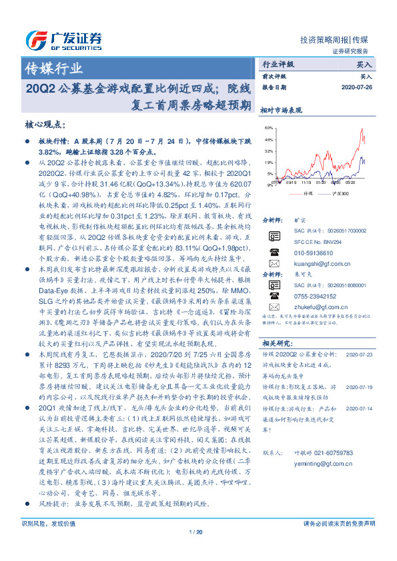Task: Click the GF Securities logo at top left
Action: pos(63,39)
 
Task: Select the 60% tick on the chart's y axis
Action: pos(269,128)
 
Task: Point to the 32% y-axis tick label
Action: pos(269,151)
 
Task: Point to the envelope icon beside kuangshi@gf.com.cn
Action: pos(274,264)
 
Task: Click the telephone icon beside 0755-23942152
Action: pos(274,313)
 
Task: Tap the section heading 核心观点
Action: pos(45,125)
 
